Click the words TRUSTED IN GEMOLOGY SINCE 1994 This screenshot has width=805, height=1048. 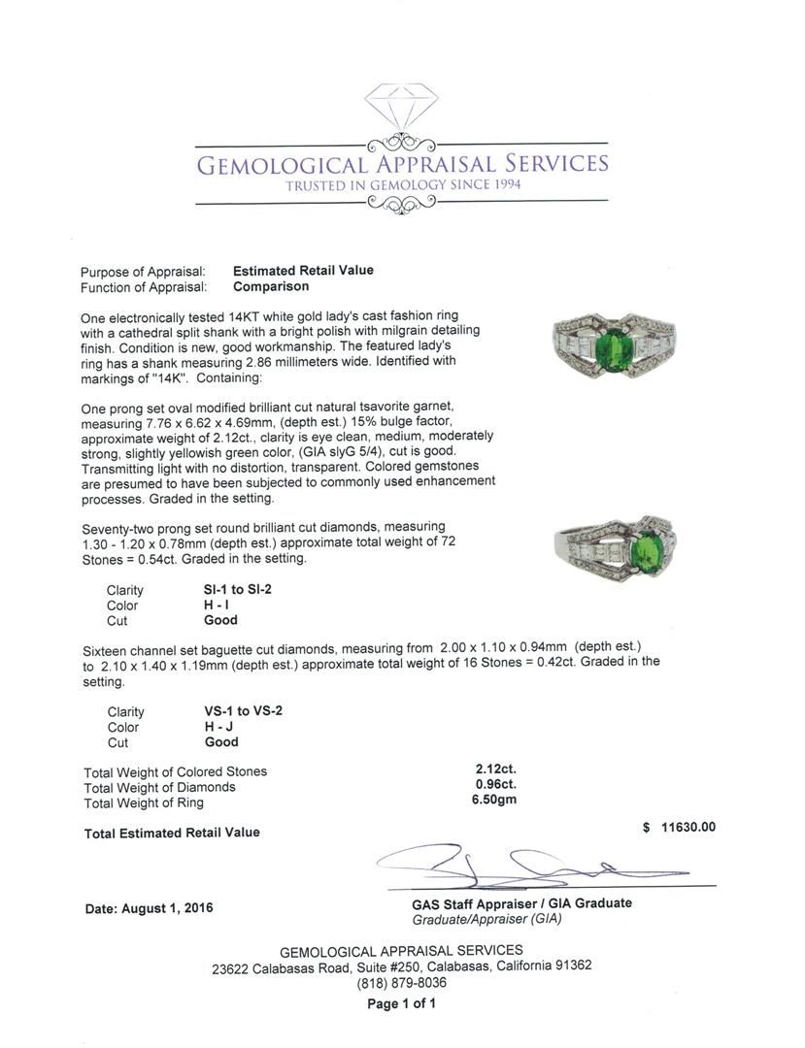click(x=402, y=184)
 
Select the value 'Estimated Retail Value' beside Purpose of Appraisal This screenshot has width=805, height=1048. click(x=303, y=271)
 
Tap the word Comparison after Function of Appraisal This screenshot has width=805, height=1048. click(x=271, y=286)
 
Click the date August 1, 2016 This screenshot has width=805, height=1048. click(x=149, y=908)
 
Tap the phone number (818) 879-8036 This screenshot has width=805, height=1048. click(x=401, y=982)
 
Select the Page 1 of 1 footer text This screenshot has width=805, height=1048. click(x=401, y=1003)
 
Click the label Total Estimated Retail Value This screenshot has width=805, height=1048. click(x=172, y=833)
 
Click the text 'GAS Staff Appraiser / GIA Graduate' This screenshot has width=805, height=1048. click(x=521, y=902)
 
